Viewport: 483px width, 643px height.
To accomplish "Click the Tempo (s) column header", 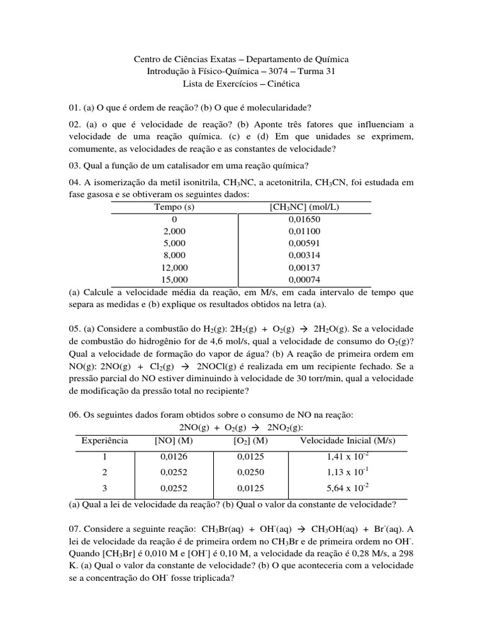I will (x=174, y=207).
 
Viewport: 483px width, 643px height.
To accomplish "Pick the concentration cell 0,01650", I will (x=304, y=219).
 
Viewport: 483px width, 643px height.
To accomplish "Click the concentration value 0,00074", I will (x=304, y=279).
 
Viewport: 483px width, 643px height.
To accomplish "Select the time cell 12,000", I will (x=174, y=267).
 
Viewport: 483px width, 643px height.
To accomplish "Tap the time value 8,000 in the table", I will (x=174, y=256).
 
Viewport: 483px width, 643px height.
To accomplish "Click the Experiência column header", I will (x=105, y=441).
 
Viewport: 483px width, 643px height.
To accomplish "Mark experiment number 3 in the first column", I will (x=105, y=488).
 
